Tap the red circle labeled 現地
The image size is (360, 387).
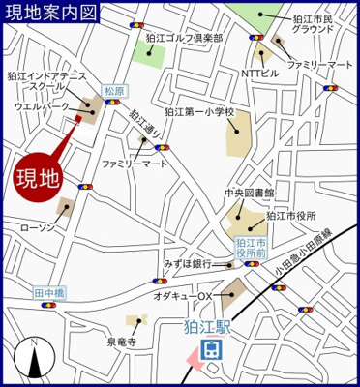click(40, 177)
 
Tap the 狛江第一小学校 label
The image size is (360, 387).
click(199, 112)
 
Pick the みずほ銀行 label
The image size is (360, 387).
click(188, 262)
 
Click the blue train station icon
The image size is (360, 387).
click(210, 349)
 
